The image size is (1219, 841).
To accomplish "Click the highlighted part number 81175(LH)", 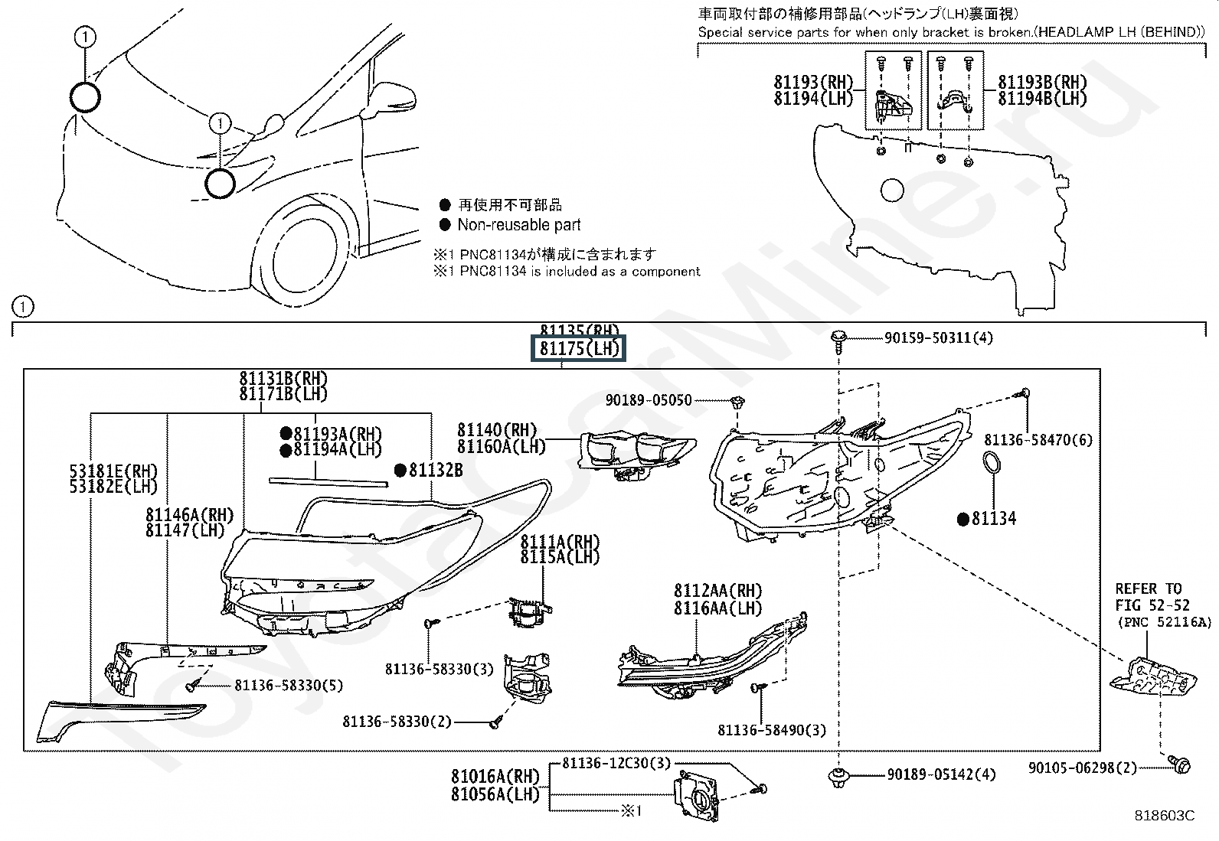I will (x=578, y=349).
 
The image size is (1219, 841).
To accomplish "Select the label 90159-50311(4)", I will (x=938, y=337).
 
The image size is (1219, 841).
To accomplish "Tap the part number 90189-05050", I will (x=648, y=399).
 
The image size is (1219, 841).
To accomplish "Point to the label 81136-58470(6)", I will (x=1038, y=440).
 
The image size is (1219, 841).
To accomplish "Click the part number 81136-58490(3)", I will (x=772, y=730).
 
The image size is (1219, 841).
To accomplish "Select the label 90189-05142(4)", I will (x=941, y=774).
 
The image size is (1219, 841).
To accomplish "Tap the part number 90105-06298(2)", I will (x=1082, y=768).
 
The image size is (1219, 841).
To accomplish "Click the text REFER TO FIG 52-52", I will (x=1148, y=597).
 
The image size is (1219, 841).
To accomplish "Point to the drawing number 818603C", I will (x=1164, y=816).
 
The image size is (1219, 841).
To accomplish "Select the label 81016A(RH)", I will (x=495, y=777).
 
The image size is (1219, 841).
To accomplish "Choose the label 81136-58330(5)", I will (x=289, y=685).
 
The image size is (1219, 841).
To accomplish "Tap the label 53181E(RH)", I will (x=113, y=471).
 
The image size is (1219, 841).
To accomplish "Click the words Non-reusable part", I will (x=518, y=225).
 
